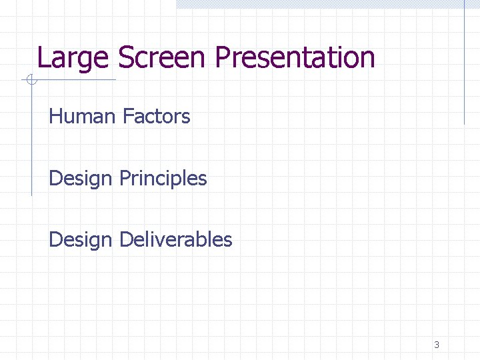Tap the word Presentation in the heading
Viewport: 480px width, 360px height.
295,57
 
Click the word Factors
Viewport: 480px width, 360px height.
156,117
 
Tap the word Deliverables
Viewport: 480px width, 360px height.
175,239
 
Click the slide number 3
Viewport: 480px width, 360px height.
437,345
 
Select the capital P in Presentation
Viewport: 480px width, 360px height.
223,57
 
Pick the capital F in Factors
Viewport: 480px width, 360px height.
127,117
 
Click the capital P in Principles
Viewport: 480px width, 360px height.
125,179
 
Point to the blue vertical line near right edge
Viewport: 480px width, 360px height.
465,67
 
